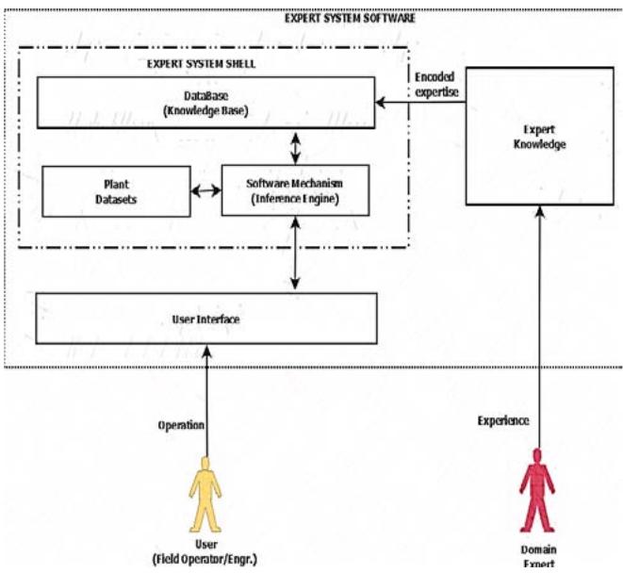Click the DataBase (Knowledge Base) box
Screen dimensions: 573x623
click(204, 103)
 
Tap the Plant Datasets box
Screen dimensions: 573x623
click(116, 191)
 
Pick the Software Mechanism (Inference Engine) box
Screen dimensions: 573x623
click(297, 190)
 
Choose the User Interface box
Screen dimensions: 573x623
click(206, 319)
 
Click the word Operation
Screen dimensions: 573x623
click(180, 426)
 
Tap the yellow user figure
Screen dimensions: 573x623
click(205, 489)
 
